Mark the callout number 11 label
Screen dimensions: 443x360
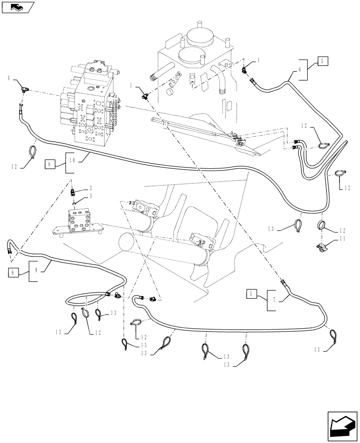341,238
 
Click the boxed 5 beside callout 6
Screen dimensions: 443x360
322,62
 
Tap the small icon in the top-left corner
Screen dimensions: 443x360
18,7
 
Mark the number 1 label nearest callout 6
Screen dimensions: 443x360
259,59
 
